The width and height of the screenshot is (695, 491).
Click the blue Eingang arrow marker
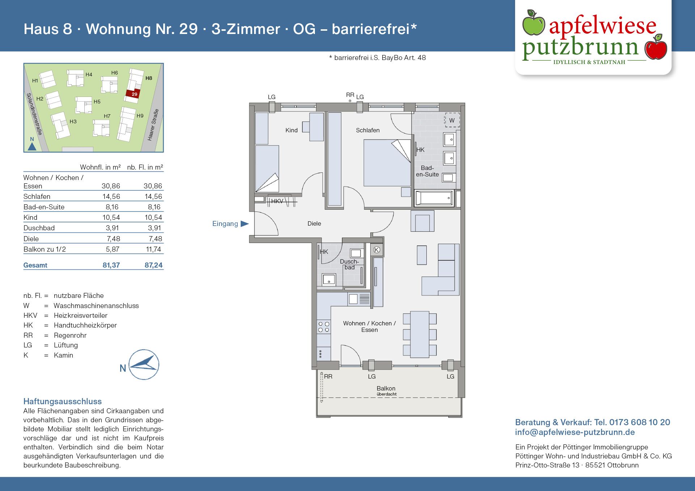click(x=245, y=224)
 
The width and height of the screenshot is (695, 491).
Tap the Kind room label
click(x=291, y=130)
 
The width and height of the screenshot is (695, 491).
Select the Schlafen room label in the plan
click(x=367, y=130)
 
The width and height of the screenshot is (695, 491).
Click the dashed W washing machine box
click(x=452, y=120)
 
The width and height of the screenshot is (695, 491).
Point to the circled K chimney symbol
click(x=376, y=249)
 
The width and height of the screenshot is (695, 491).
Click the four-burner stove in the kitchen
click(x=324, y=327)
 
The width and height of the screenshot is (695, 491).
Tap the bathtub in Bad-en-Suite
click(x=434, y=198)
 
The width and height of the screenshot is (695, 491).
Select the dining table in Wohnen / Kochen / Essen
click(x=420, y=334)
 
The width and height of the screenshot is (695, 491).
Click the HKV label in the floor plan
click(x=277, y=201)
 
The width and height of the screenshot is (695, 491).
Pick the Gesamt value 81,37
click(x=111, y=265)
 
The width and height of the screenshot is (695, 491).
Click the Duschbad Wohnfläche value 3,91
click(x=112, y=228)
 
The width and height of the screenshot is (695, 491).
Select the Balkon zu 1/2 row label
click(x=45, y=249)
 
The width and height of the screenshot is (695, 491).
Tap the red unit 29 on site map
click(x=133, y=94)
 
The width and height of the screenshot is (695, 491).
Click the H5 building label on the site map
click(x=97, y=102)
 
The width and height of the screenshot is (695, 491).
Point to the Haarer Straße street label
click(x=153, y=125)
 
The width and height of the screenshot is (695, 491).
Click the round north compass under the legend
click(x=144, y=364)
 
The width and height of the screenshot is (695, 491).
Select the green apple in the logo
click(x=533, y=23)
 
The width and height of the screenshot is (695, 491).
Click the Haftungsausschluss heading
click(x=62, y=401)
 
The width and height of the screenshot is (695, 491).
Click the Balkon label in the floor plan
click(x=386, y=388)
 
